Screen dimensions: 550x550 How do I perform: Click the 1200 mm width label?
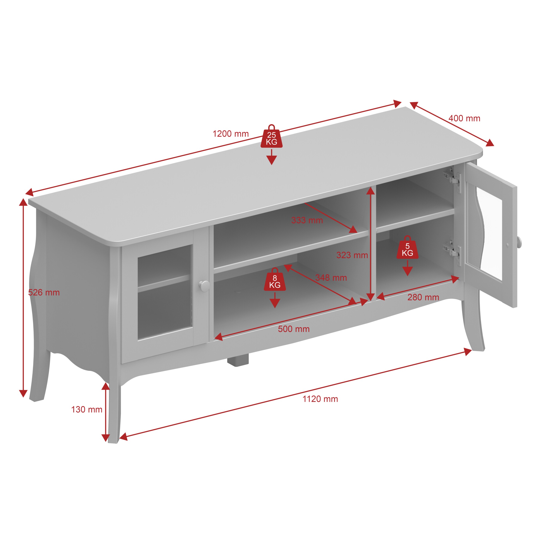(x=231, y=134)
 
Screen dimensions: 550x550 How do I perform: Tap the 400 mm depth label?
(x=464, y=118)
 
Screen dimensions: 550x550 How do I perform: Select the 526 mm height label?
(x=44, y=292)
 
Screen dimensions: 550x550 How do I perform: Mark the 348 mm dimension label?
(x=331, y=278)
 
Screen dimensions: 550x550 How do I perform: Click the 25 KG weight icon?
(x=272, y=136)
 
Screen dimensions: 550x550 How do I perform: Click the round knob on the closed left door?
(x=204, y=286)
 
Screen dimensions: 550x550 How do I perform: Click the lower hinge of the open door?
(x=453, y=252)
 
